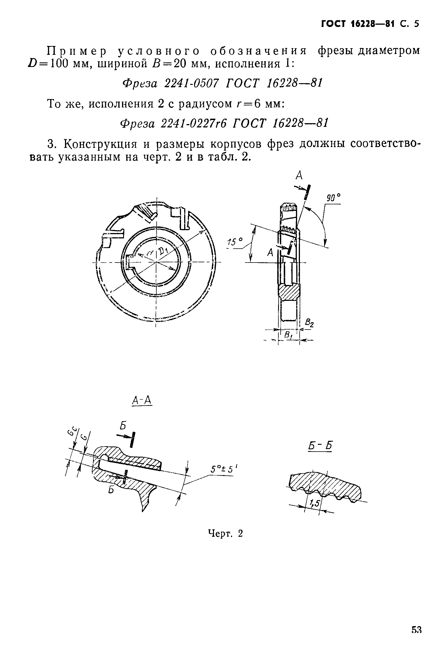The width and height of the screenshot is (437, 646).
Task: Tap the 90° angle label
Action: pos(333,198)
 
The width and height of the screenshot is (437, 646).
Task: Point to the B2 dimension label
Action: pos(309,323)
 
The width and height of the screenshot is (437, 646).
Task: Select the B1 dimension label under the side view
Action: pos(288,335)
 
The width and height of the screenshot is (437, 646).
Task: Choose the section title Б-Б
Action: pos(320,446)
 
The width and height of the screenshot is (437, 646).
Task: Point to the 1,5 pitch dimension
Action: pos(314,504)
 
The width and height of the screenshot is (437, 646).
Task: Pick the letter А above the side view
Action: pos(299,176)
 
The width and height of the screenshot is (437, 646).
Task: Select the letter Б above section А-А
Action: pos(123,425)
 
